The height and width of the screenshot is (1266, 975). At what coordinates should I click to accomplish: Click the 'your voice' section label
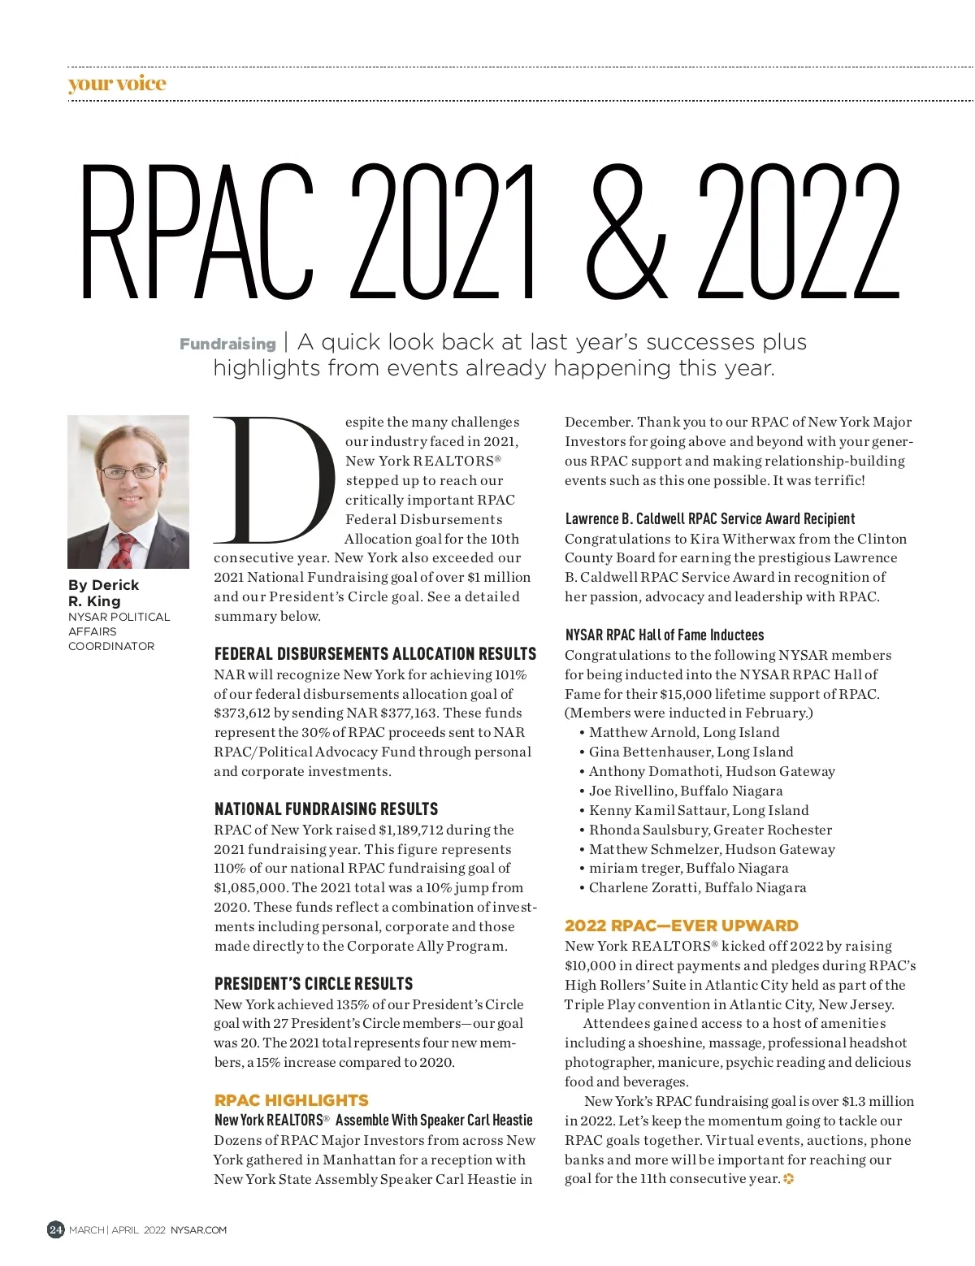pyautogui.click(x=117, y=84)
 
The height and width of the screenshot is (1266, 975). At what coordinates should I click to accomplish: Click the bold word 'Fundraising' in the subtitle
pyautogui.click(x=227, y=345)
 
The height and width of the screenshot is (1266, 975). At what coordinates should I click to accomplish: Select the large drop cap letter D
pyautogui.click(x=272, y=479)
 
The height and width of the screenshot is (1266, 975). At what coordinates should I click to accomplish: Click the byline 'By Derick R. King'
pyautogui.click(x=104, y=593)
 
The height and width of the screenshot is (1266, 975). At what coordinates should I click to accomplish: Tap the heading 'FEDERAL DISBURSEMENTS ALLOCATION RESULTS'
pyautogui.click(x=375, y=654)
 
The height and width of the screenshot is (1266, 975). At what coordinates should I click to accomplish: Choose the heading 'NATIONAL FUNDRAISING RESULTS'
pyautogui.click(x=326, y=809)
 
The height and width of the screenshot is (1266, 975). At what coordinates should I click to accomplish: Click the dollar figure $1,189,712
pyautogui.click(x=410, y=830)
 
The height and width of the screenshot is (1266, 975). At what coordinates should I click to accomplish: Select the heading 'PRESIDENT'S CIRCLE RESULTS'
pyautogui.click(x=313, y=984)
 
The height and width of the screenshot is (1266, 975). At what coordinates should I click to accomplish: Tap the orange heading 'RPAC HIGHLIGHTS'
pyautogui.click(x=291, y=1100)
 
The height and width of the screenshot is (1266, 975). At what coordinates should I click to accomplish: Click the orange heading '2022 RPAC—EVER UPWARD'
pyautogui.click(x=681, y=926)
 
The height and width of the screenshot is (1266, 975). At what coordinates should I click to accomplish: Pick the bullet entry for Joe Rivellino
pyautogui.click(x=685, y=791)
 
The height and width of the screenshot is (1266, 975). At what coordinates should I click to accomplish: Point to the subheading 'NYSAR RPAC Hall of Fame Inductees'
pyautogui.click(x=664, y=635)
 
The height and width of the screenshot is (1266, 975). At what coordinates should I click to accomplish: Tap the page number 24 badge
pyautogui.click(x=55, y=1229)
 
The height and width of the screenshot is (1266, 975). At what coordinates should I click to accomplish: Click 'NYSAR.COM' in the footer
pyautogui.click(x=198, y=1230)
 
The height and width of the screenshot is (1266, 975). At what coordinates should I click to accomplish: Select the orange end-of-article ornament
pyautogui.click(x=788, y=1179)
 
